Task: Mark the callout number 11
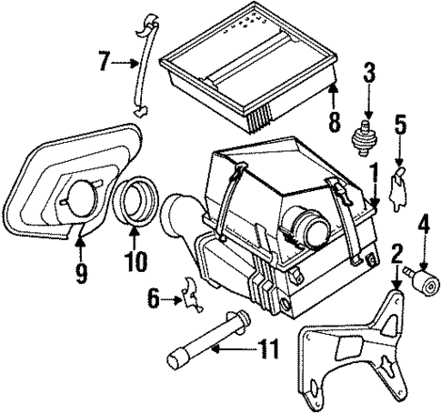tap(266, 347)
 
